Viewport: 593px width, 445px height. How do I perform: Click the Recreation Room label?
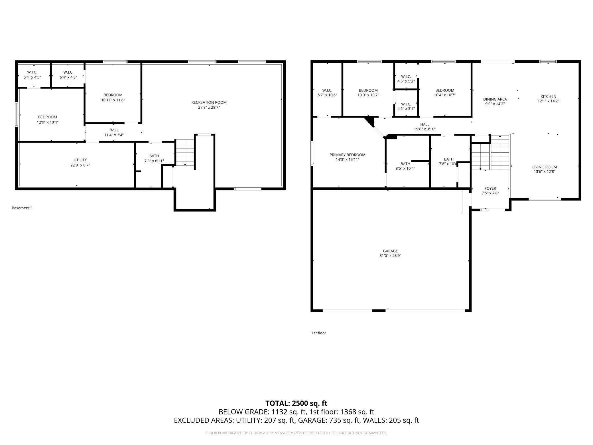pos(209,102)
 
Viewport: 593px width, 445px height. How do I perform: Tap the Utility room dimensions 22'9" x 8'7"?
pos(80,165)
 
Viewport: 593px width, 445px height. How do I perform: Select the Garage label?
pos(390,251)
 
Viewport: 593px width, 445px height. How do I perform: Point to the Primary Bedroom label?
pos(347,155)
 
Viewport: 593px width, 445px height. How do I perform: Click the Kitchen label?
pos(548,96)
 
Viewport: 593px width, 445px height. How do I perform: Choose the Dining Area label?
pos(495,99)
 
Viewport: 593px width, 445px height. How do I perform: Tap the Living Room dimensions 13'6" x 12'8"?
pos(545,172)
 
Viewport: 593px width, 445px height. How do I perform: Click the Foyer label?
pos(490,188)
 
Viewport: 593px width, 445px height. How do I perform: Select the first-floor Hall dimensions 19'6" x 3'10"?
pos(425,129)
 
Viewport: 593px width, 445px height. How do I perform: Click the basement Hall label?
pos(114,130)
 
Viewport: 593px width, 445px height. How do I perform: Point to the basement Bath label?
pos(154,156)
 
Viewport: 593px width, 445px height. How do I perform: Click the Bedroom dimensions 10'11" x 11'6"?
pos(113,100)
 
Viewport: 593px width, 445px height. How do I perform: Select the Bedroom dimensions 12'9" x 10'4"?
pos(48,122)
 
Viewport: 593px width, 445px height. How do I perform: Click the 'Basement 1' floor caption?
pos(22,208)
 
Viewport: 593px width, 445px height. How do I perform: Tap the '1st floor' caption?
pos(319,333)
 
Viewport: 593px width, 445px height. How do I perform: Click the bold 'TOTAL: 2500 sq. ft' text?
pos(296,403)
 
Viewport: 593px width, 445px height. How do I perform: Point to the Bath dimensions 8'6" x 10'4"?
pos(405,168)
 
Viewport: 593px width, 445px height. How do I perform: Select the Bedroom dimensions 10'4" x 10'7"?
pos(445,95)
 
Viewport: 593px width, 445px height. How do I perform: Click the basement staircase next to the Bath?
pos(185,153)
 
